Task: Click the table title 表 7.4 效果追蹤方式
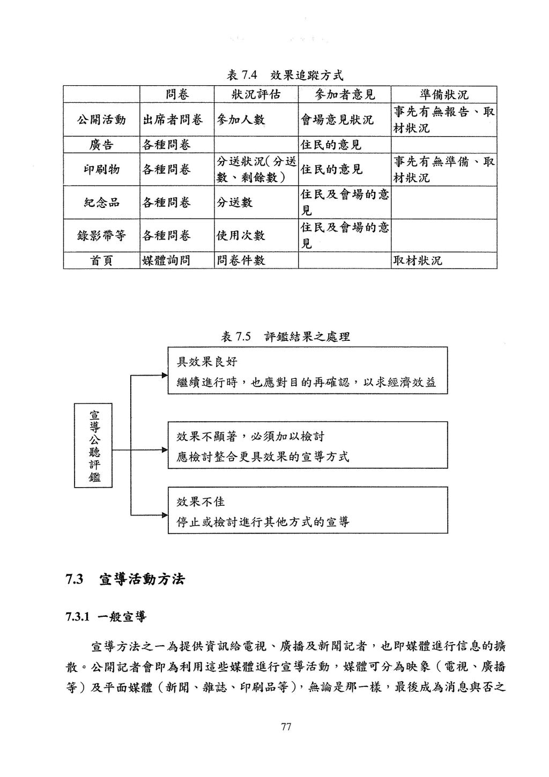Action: coord(285,75)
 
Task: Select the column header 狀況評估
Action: coord(256,94)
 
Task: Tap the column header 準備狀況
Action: coord(444,94)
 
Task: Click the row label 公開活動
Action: coord(101,119)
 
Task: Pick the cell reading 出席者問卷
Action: coord(173,120)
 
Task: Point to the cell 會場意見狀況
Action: coord(337,120)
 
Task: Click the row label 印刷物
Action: coord(101,170)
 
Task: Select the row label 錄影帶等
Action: coord(101,236)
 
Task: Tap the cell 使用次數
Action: coord(241,236)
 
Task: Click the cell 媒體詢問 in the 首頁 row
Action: coord(166,260)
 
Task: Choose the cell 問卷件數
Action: coord(241,260)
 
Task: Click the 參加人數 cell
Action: coord(241,120)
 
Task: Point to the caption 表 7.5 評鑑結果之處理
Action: coord(285,336)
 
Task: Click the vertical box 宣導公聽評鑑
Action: coord(93,445)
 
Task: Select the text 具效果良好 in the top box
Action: coord(207,362)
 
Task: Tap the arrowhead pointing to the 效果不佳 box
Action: coord(165,515)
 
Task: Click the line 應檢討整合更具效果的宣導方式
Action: coord(263,457)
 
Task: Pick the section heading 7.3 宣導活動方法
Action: coord(125,579)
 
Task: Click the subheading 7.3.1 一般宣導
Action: coord(106,617)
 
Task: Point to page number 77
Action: coord(286,727)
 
